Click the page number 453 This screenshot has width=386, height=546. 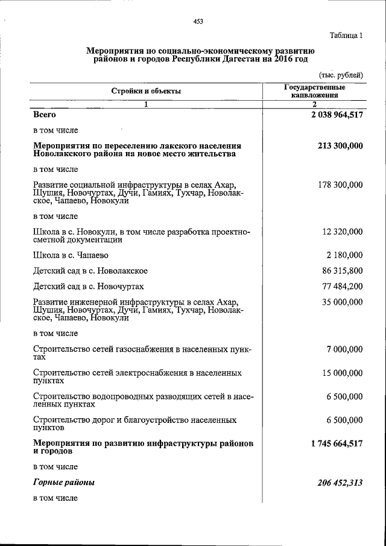[x=198, y=21]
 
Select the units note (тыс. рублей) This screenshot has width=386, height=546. [x=341, y=75]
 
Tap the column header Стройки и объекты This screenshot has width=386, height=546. [x=145, y=91]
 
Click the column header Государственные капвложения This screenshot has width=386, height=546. [x=314, y=91]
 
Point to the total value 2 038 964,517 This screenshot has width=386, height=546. [x=334, y=114]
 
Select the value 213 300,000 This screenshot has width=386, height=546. [x=340, y=146]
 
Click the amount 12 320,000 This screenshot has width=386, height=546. [x=343, y=232]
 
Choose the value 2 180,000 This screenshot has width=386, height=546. [x=345, y=255]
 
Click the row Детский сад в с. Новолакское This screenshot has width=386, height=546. [x=90, y=271]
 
